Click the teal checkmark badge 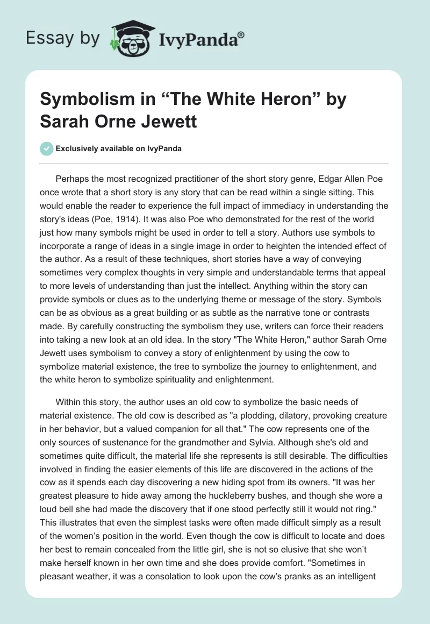[x=47, y=148]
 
